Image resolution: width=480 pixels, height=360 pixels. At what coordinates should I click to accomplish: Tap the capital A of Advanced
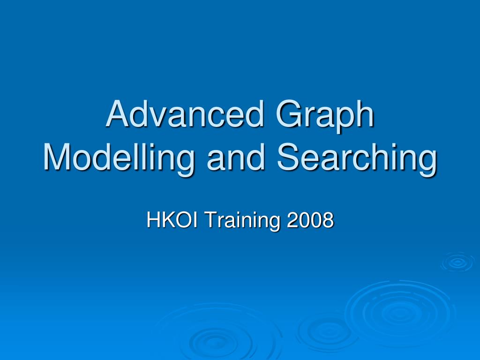[x=118, y=115]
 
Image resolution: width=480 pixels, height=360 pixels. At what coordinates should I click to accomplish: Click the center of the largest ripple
[x=398, y=311]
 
